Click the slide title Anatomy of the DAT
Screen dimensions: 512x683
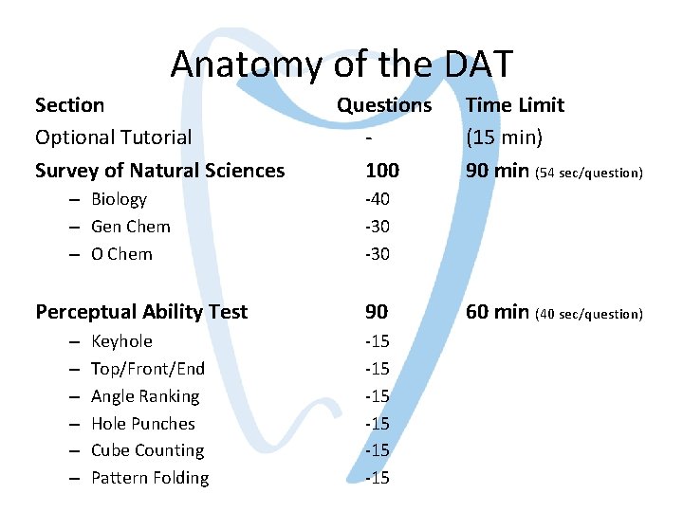[341, 64]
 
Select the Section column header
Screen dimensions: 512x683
[69, 105]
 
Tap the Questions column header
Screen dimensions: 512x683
[384, 105]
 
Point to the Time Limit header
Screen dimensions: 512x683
[514, 105]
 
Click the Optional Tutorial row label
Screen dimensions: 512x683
[113, 137]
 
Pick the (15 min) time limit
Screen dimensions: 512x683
[504, 137]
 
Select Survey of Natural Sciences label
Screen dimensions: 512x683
[159, 171]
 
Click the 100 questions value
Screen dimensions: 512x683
[382, 171]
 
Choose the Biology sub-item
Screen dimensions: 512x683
[119, 199]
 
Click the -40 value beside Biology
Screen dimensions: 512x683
[378, 199]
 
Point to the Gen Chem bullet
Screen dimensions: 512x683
[130, 227]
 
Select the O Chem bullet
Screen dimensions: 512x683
[121, 254]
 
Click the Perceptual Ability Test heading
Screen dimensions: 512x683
[141, 312]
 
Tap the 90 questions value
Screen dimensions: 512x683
[377, 312]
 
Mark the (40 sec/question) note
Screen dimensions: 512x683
[590, 314]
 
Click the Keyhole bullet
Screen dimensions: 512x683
[121, 341]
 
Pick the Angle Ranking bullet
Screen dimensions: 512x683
[145, 396]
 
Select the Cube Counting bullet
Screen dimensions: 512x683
[147, 450]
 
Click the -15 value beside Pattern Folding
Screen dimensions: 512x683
[378, 478]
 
